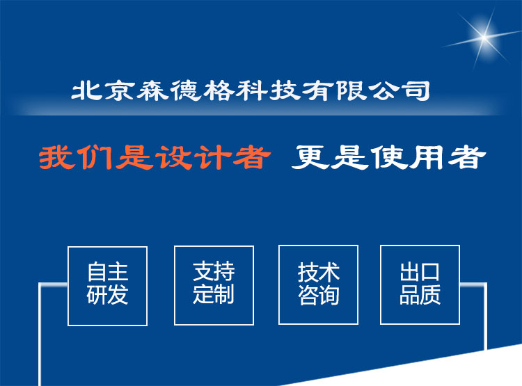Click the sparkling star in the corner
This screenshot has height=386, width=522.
point(484,37)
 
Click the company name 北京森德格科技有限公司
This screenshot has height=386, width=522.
point(251,90)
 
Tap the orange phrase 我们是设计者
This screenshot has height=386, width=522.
point(155,157)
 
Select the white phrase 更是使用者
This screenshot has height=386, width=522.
point(388,157)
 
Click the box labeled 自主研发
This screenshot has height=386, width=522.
point(107,286)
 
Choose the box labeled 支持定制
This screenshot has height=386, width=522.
point(214,285)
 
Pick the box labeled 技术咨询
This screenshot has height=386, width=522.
point(318,284)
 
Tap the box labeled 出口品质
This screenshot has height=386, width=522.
point(420,284)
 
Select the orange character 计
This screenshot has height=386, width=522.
point(213,157)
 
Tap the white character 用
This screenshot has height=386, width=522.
point(427,157)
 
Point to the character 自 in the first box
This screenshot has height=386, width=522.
point(97,272)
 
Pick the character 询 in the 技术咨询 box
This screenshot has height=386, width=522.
point(329,295)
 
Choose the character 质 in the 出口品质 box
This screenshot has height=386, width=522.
point(430,294)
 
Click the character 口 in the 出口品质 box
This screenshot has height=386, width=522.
point(430,272)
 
